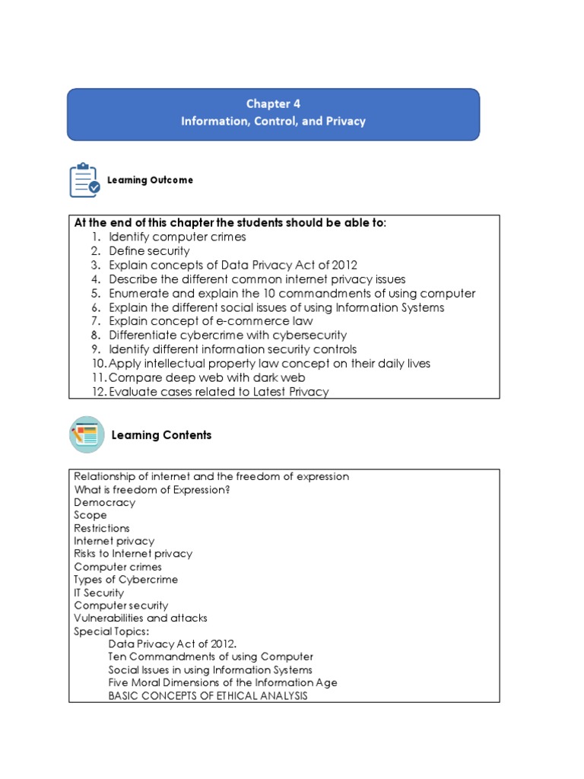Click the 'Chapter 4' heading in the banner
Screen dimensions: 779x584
273,103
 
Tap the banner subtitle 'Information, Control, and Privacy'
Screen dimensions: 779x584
273,121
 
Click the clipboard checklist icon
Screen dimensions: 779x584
84,180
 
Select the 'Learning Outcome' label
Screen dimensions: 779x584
150,180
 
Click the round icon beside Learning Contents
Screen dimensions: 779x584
87,434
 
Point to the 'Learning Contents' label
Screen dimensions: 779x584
161,435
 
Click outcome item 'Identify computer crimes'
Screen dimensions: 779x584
177,237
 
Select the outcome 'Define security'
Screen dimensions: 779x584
149,251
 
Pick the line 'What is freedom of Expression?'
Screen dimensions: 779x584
152,489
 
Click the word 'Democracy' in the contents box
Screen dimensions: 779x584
105,502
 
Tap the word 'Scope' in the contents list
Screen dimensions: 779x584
90,515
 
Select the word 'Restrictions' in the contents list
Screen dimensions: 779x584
102,528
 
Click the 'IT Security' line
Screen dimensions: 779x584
99,593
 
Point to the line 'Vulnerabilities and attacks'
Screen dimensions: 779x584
141,618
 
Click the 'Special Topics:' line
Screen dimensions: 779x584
112,631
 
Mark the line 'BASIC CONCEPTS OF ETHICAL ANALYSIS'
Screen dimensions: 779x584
208,696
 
